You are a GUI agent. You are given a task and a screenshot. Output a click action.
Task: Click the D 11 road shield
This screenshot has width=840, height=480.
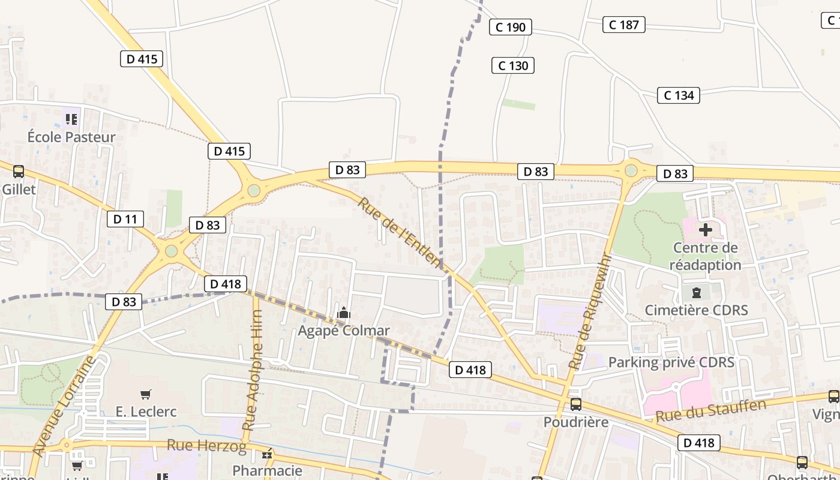[125, 219]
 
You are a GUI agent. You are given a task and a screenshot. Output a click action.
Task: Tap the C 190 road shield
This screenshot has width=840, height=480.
[511, 27]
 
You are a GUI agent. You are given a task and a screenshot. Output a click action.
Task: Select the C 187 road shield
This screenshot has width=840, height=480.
[623, 25]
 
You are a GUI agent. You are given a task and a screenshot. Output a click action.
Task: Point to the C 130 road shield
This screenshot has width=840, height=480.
[513, 65]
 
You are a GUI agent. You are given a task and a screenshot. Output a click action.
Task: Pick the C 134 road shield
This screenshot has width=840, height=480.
[679, 95]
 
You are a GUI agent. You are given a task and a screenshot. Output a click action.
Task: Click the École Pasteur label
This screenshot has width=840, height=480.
[71, 137]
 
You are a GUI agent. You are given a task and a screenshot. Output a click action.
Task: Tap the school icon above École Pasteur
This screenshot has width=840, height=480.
[71, 119]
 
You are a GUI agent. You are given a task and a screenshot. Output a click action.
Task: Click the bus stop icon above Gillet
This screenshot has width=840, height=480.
[19, 172]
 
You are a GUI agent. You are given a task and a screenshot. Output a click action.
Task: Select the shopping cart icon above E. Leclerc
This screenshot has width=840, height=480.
[146, 394]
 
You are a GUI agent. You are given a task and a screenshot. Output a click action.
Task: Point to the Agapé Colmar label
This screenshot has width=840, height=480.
[344, 331]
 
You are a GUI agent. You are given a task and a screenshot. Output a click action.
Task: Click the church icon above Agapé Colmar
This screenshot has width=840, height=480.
[344, 313]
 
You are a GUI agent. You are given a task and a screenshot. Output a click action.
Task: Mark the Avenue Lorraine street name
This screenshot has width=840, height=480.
[63, 406]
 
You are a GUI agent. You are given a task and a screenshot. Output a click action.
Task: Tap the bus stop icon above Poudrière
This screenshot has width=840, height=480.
[575, 404]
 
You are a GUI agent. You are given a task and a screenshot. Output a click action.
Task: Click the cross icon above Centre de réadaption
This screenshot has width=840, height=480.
[705, 229]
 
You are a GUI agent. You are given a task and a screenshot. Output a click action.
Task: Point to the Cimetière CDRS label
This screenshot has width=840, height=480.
[696, 310]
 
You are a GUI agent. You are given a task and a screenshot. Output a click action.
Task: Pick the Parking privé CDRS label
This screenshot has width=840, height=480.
[671, 362]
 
